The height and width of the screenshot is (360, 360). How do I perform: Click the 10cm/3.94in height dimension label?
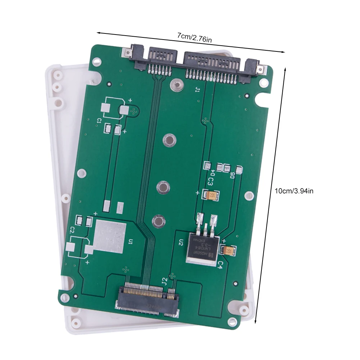(294, 191)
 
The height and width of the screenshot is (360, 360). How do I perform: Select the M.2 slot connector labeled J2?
(147, 299)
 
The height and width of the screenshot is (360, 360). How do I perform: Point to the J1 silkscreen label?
(197, 90)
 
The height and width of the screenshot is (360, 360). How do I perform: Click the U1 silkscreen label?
(131, 241)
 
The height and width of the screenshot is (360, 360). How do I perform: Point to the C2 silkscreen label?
(72, 229)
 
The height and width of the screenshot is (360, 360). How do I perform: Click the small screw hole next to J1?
(175, 85)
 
